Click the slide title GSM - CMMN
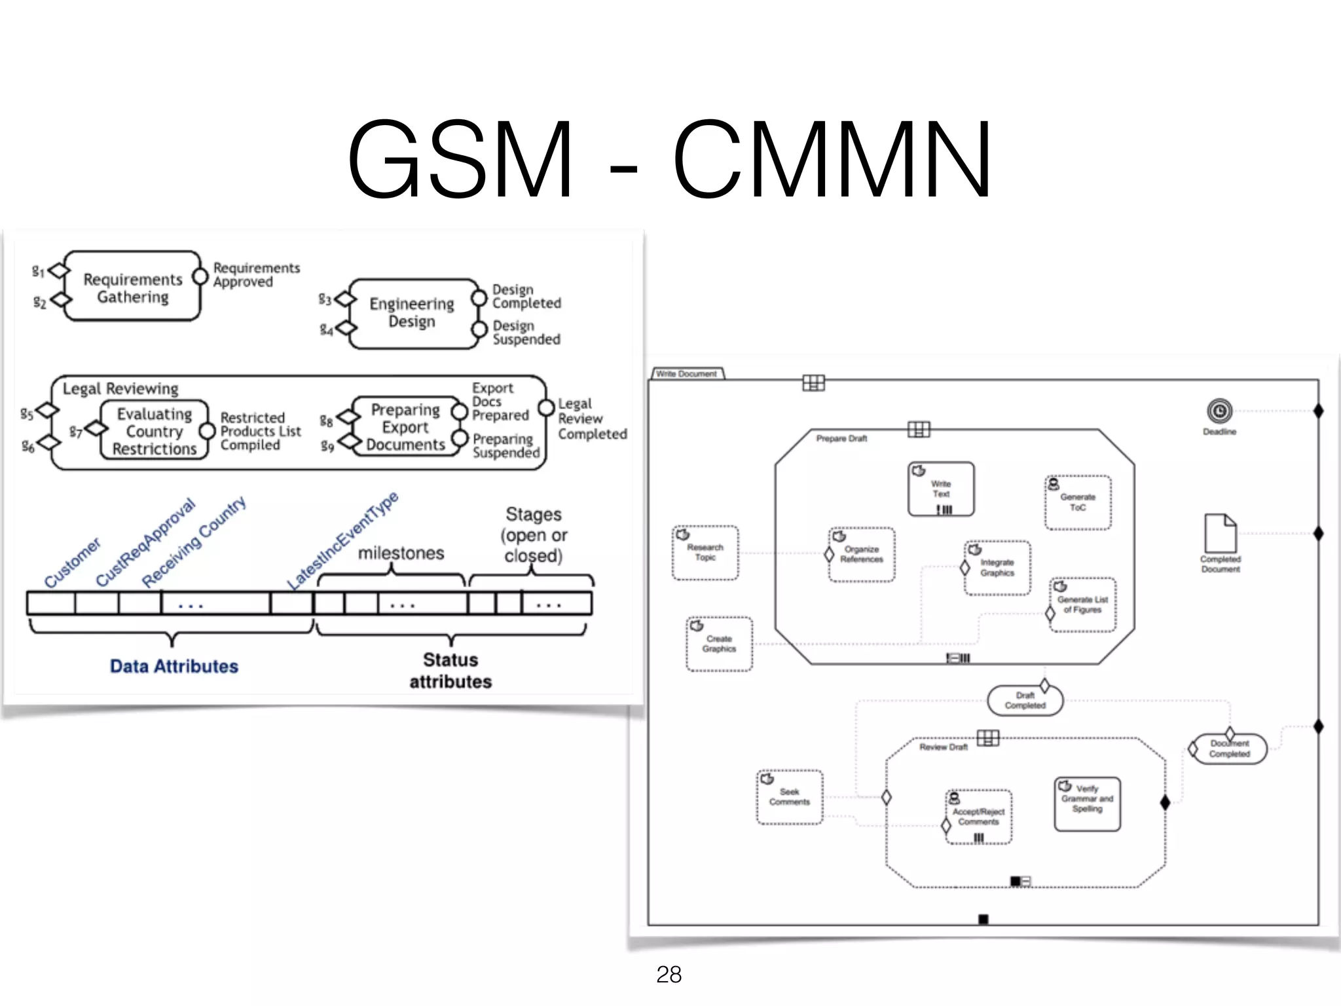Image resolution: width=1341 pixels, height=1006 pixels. (x=669, y=159)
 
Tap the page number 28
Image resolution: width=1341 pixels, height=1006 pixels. (x=669, y=975)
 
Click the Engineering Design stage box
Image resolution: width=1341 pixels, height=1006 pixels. (x=412, y=312)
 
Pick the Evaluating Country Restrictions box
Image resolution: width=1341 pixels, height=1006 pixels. (x=155, y=431)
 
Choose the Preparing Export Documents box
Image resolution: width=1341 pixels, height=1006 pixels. (x=405, y=427)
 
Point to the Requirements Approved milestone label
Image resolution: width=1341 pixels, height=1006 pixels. (x=256, y=274)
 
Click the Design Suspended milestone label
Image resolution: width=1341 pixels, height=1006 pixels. (x=526, y=332)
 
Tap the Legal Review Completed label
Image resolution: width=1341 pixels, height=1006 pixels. (x=591, y=419)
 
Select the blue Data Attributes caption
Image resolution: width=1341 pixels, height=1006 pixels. (x=174, y=666)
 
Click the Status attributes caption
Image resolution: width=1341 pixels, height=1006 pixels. (x=450, y=670)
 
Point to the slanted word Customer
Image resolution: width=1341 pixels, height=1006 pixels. (x=72, y=563)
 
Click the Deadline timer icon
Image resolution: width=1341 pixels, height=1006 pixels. (x=1219, y=411)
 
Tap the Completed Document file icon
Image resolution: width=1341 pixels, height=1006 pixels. (x=1221, y=534)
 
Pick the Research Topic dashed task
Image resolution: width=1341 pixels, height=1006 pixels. (x=705, y=553)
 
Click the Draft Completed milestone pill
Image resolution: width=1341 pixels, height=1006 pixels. (x=1025, y=701)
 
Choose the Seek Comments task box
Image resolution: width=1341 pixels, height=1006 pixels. (x=790, y=797)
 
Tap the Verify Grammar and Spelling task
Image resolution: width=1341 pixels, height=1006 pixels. (x=1087, y=804)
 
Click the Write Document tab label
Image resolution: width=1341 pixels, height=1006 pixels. (x=686, y=374)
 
